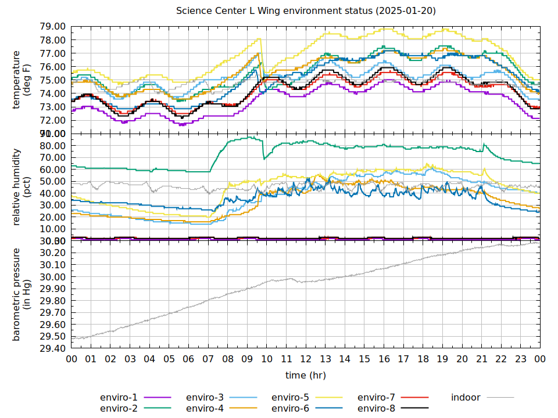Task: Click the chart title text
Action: coord(306,11)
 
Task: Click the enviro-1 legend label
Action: coord(119,398)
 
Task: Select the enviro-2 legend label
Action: coord(119,409)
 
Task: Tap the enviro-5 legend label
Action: coord(291,398)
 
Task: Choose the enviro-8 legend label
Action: coord(376,409)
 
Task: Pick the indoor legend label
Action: coord(466,398)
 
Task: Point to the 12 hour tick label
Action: coord(306,359)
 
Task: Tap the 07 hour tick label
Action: coord(208,359)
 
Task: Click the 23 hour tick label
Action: coord(520,359)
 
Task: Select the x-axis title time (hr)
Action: coord(306,376)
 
